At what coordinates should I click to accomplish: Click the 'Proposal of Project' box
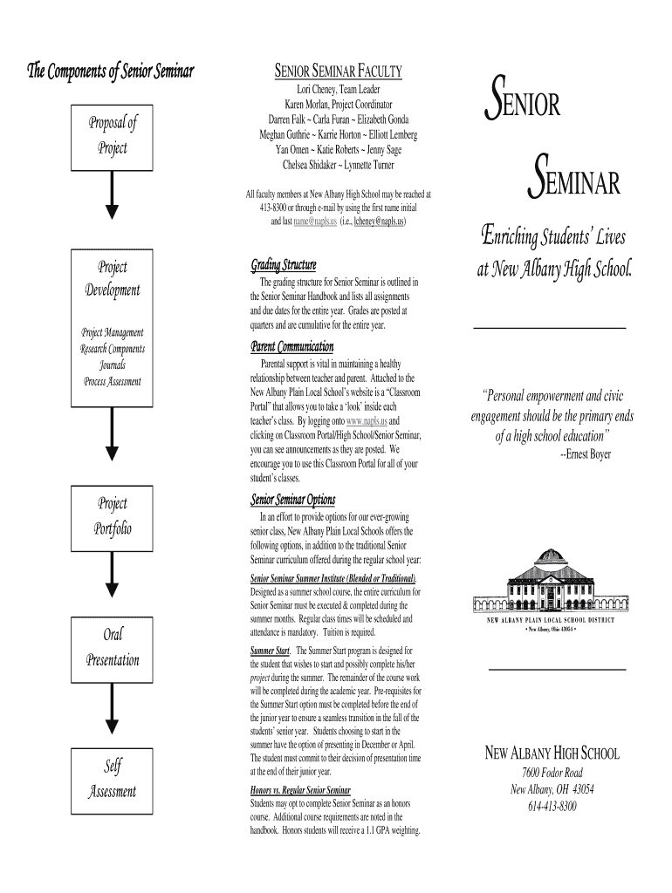click(112, 135)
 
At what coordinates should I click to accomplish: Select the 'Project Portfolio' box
click(112, 515)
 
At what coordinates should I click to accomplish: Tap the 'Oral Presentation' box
click(112, 646)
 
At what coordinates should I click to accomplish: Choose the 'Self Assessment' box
click(112, 778)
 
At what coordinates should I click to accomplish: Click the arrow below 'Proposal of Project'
click(112, 195)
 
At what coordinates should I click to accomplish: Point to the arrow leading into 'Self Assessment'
click(112, 711)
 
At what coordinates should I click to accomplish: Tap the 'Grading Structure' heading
click(284, 265)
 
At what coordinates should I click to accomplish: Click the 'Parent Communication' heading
click(293, 347)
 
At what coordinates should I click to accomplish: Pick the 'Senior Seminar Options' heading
click(292, 500)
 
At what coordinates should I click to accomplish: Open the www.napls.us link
click(367, 420)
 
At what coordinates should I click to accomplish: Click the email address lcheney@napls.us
click(378, 222)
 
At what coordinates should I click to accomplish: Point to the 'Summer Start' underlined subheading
click(270, 651)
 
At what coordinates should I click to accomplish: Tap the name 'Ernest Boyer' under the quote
click(585, 454)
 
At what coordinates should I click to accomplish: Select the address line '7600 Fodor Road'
click(552, 773)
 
